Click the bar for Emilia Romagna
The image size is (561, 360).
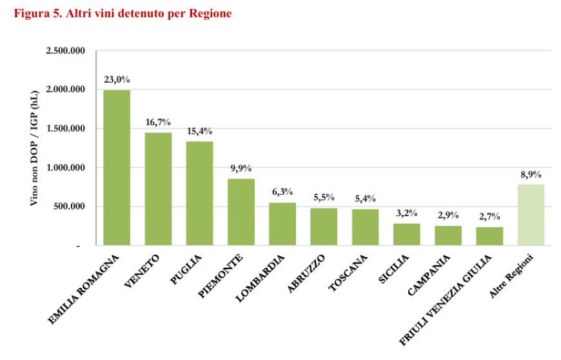tap(117, 168)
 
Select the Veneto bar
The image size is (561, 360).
tap(158, 189)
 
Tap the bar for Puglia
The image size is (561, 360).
tap(199, 194)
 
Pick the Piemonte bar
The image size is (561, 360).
tap(241, 212)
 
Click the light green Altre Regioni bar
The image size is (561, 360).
tap(531, 215)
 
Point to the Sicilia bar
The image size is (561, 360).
tap(406, 234)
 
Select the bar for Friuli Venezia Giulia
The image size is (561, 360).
tap(489, 236)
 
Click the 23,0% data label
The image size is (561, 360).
tap(117, 80)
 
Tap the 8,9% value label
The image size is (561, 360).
tap(531, 174)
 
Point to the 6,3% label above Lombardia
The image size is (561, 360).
tap(282, 192)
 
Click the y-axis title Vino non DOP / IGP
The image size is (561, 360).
tap(35, 148)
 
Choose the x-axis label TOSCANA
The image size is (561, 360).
tap(348, 274)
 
